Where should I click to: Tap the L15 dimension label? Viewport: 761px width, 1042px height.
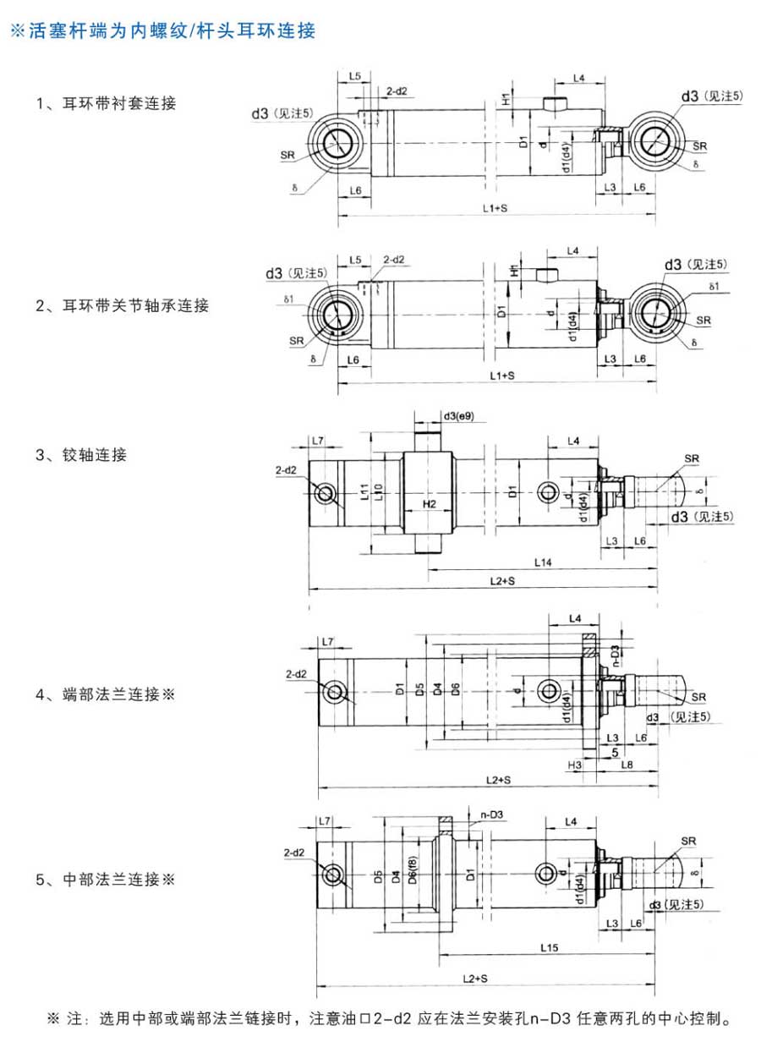547,948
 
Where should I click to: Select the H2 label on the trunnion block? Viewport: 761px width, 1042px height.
429,504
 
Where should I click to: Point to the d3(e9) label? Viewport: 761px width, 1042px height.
458,417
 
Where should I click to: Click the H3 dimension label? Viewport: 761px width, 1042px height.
575,764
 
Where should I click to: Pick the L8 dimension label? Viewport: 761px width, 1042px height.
627,764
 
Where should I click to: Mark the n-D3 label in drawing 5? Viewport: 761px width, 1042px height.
492,814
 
